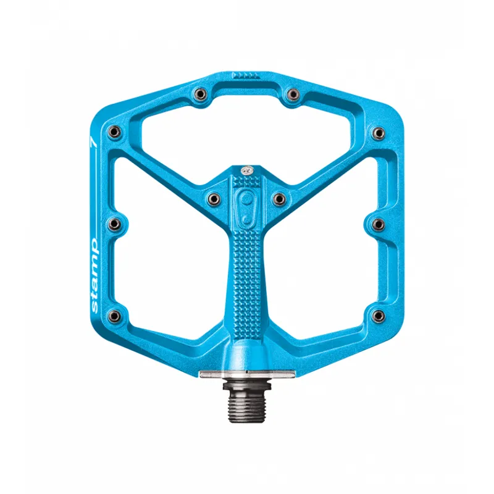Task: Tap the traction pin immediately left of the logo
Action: [214, 198]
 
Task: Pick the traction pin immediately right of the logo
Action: [278, 198]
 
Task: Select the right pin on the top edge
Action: [294, 94]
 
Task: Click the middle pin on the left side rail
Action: [114, 223]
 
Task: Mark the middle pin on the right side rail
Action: [379, 223]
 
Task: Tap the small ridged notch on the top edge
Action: [246, 75]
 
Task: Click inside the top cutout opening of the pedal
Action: [246, 133]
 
